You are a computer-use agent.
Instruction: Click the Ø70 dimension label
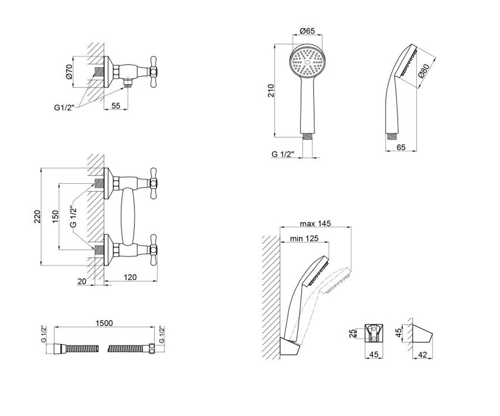[x=69, y=72]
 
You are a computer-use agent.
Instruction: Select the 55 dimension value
[x=116, y=105]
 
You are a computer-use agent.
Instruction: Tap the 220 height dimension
[x=37, y=216]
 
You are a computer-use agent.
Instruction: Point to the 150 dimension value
[x=55, y=216]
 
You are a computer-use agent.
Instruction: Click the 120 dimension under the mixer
[x=130, y=277]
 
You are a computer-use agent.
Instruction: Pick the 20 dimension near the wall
[x=82, y=281]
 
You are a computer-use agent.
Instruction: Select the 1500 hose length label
[x=104, y=323]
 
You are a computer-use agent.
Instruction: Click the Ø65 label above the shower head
[x=307, y=31]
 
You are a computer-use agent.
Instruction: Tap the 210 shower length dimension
[x=271, y=90]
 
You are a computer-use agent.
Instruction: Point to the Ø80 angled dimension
[x=424, y=71]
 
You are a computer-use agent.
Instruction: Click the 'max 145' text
[x=315, y=223]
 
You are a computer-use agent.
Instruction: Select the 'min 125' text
[x=304, y=238]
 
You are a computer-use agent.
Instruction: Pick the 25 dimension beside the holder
[x=352, y=334]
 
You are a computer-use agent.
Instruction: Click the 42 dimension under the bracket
[x=422, y=355]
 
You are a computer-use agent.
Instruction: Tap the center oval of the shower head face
[x=307, y=62]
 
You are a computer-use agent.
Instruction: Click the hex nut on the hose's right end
[x=152, y=348]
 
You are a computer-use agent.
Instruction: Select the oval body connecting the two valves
[x=128, y=217]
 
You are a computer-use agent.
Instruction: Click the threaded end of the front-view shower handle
[x=307, y=136]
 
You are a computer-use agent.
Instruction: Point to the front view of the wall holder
[x=374, y=334]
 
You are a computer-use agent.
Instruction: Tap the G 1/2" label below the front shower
[x=282, y=154]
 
